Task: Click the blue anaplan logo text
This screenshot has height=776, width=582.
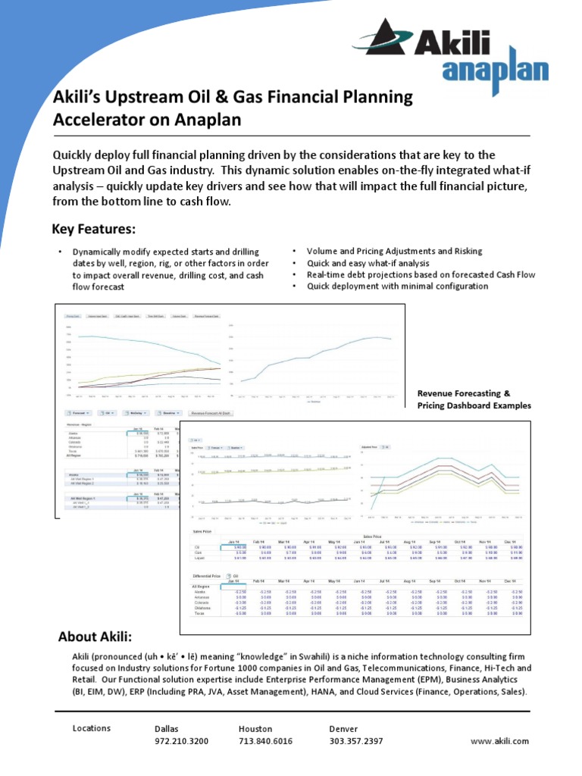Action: (494, 72)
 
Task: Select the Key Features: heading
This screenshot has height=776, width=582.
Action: (93, 229)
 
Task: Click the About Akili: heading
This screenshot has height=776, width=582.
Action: (95, 636)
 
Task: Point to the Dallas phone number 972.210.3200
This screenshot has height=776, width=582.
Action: (181, 740)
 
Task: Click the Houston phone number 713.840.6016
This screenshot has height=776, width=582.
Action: (265, 740)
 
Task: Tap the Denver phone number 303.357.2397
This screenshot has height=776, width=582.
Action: (356, 740)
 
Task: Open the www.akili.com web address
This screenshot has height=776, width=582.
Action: (499, 740)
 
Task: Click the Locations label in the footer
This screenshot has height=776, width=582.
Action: (92, 728)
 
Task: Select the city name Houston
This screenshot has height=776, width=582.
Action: (255, 728)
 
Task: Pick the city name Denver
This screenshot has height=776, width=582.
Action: (343, 728)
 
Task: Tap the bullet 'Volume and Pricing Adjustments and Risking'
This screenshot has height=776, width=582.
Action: (394, 251)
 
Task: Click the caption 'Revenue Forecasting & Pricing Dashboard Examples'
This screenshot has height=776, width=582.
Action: (474, 399)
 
